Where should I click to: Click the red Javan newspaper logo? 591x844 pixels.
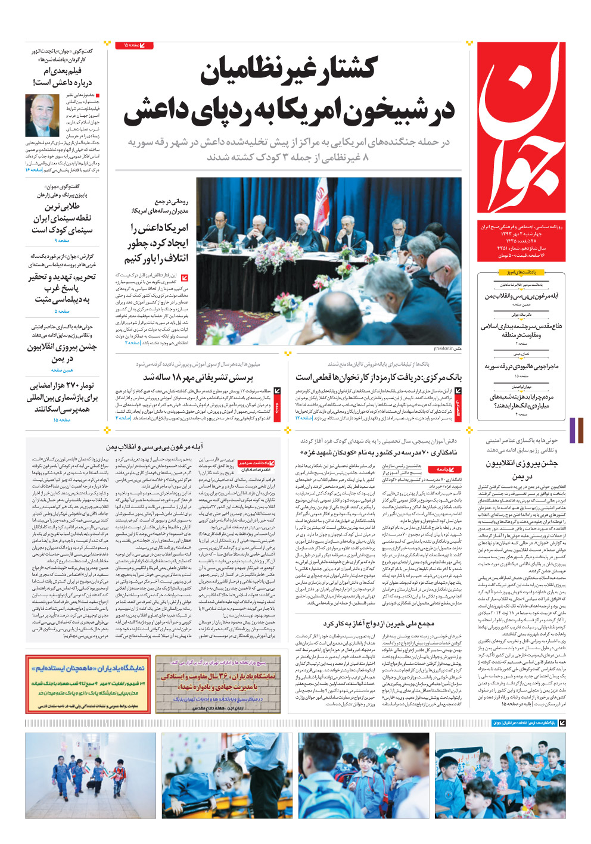pyautogui.click(x=521, y=128)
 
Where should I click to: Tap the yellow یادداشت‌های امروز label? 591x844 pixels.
pyautogui.click(x=521, y=272)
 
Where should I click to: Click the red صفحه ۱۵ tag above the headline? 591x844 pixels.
pyautogui.click(x=138, y=45)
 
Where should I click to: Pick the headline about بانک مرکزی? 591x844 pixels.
pyautogui.click(x=378, y=378)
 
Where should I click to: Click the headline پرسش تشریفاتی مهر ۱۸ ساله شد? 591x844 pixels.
pyautogui.click(x=198, y=378)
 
